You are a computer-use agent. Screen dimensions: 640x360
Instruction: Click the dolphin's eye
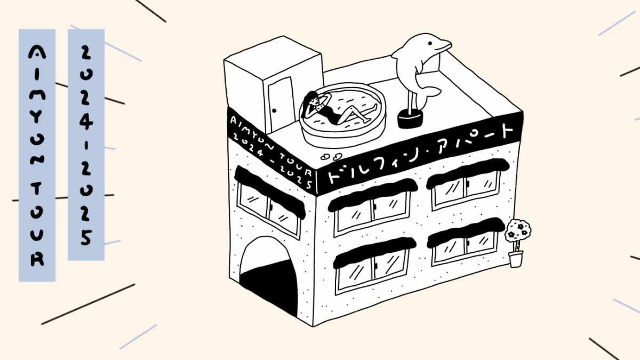429,43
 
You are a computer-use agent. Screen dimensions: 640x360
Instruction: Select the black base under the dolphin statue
410,119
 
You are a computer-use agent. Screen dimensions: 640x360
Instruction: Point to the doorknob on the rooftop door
274,110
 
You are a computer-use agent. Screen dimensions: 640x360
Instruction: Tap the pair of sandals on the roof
331,156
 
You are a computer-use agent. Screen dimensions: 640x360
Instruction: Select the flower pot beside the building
516,259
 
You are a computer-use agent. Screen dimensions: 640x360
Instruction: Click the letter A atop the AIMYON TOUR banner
37,53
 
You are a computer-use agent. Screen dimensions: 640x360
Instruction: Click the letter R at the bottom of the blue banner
37,259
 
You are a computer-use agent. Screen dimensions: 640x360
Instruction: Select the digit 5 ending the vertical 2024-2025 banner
86,237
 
